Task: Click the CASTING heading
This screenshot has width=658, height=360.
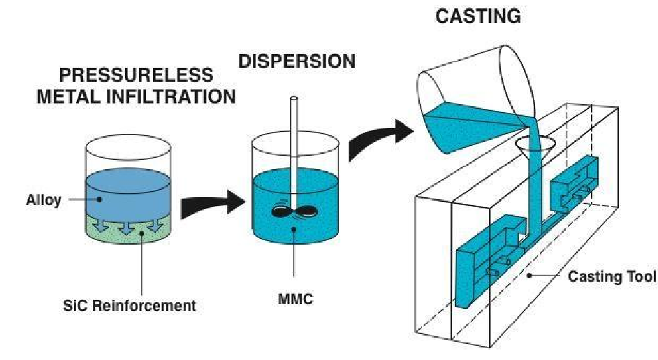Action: (x=478, y=15)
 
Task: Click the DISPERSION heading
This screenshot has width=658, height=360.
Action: (x=297, y=62)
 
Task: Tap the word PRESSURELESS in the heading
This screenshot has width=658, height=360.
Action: (x=136, y=74)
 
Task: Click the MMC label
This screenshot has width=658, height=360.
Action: (x=294, y=300)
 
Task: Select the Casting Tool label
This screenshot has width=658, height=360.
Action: (x=612, y=277)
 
